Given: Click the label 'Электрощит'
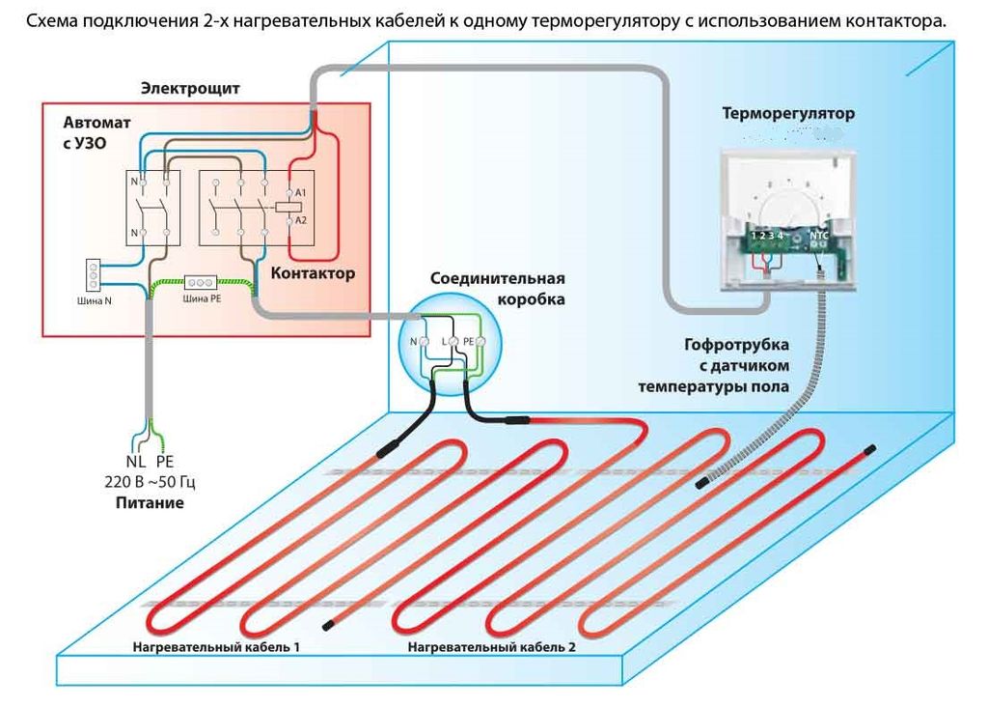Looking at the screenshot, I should (190, 89).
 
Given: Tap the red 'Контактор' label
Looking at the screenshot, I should (313, 273).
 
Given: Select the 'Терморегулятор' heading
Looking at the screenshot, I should (788, 113).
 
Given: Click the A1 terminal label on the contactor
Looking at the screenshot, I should (301, 195).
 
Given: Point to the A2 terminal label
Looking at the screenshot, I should (301, 220).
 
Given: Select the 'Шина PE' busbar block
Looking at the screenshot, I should (201, 283).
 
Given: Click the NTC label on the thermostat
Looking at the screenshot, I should (819, 234).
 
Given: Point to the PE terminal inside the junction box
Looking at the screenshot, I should (470, 342).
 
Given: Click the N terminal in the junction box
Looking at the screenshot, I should (415, 342).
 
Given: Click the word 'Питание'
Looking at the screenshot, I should (150, 503).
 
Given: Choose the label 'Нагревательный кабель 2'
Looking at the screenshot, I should (491, 645).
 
